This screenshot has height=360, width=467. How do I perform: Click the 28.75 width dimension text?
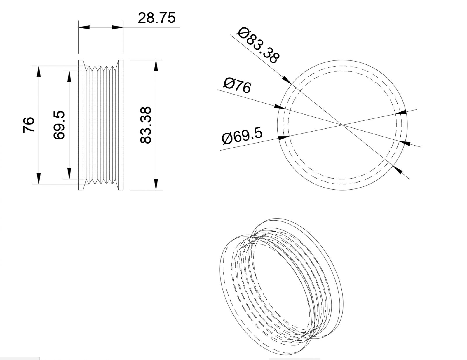click(156, 18)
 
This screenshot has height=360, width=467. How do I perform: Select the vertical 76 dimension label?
click(29, 125)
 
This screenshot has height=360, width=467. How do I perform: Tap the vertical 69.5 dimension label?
click(59, 125)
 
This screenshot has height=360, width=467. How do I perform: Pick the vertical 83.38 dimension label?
click(145, 125)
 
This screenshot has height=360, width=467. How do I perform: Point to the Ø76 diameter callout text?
click(237, 85)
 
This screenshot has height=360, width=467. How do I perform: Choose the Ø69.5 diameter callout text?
click(242, 136)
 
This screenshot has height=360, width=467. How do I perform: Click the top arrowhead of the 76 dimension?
click(39, 71)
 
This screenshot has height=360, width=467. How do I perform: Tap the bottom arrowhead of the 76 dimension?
click(39, 179)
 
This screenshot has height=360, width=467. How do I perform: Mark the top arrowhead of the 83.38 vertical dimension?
click(156, 65)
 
